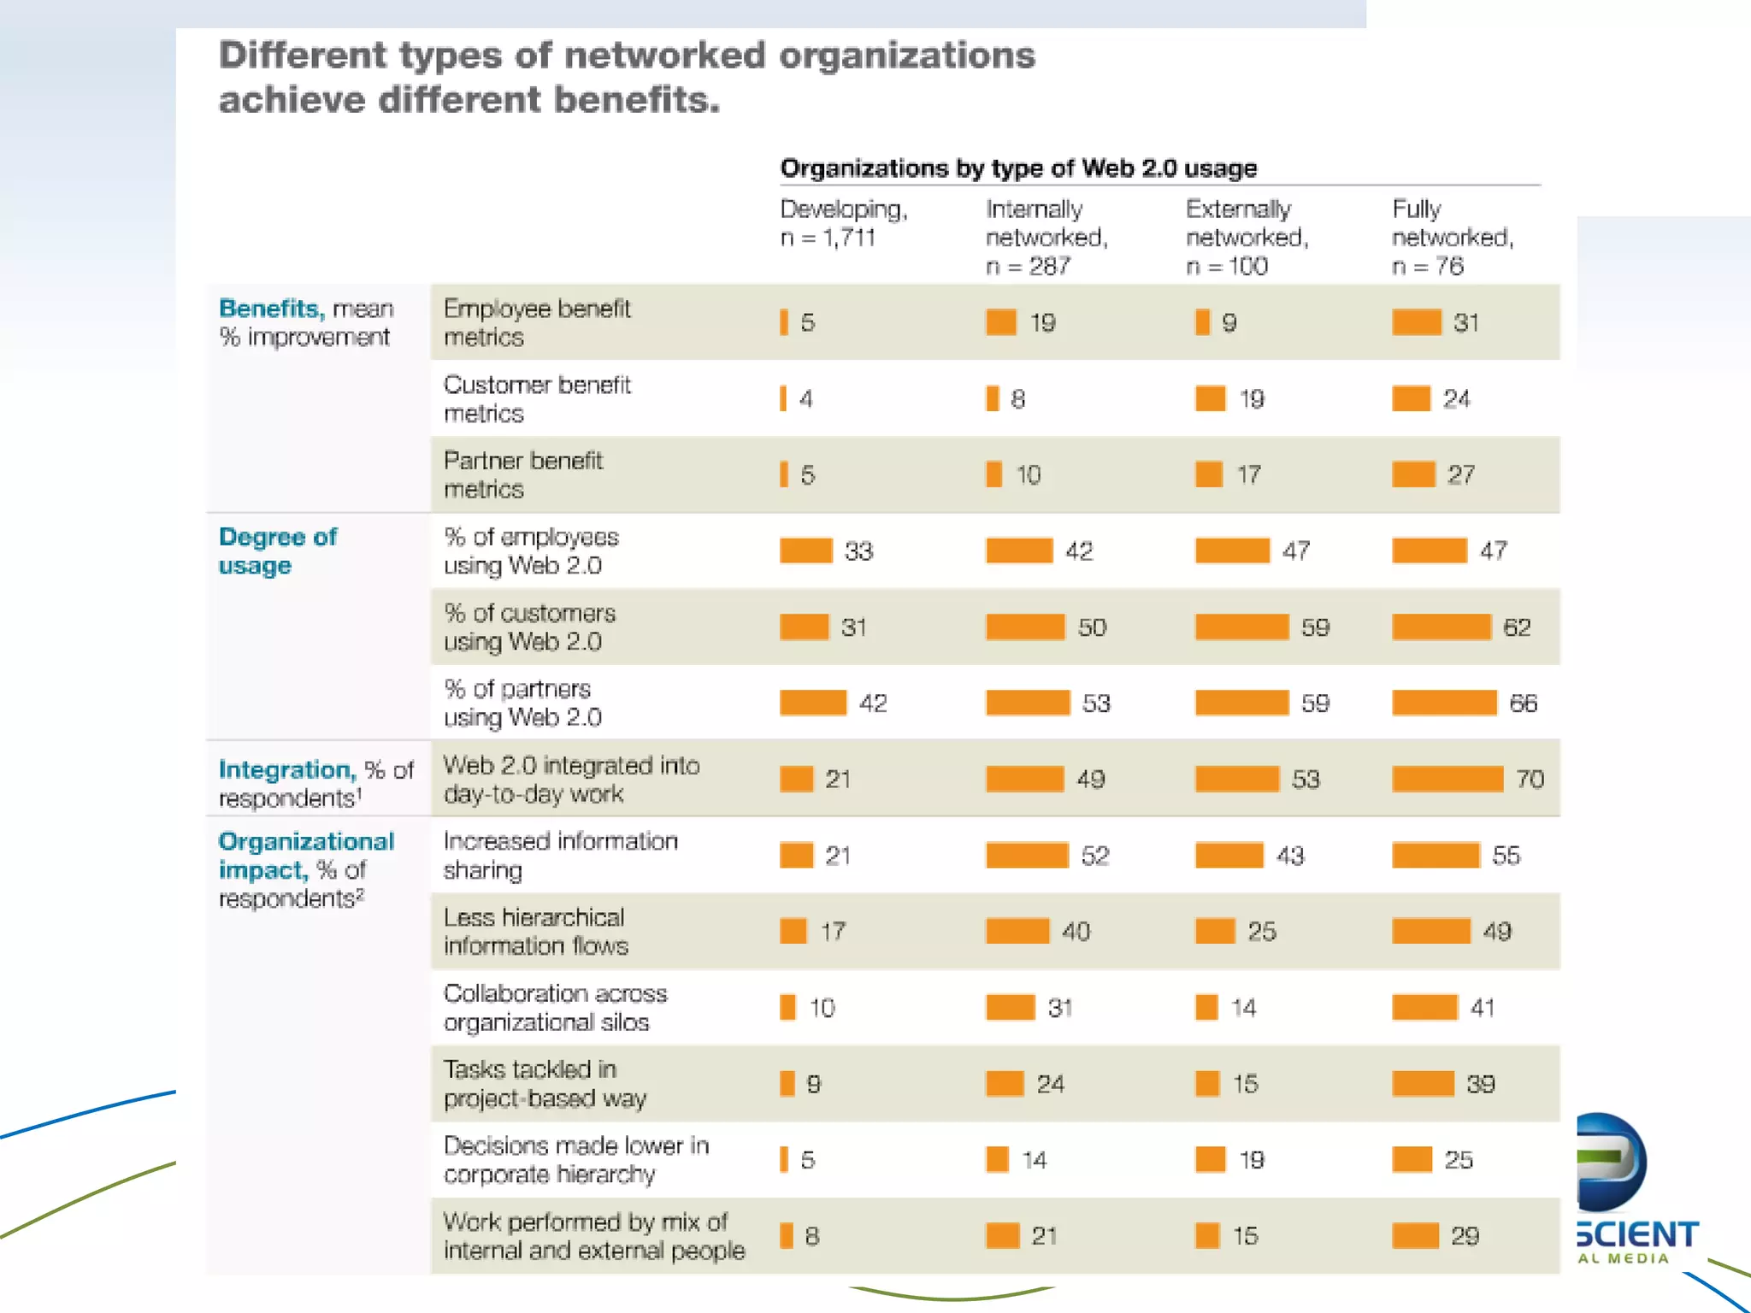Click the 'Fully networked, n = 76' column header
click(1452, 237)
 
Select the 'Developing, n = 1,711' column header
click(843, 222)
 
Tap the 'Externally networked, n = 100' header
click(1246, 237)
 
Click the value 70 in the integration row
click(1530, 779)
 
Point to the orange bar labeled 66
click(1444, 703)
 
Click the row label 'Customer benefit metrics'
click(537, 398)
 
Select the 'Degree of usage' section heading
click(278, 551)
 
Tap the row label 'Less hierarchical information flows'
click(535, 931)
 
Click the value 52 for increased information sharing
click(1094, 856)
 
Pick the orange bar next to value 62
click(1441, 627)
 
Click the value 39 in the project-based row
click(1480, 1084)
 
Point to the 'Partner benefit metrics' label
click(522, 474)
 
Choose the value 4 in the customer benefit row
click(805, 399)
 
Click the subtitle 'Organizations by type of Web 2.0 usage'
click(1018, 168)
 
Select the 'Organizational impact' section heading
click(305, 856)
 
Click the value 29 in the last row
click(1464, 1236)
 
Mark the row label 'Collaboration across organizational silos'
click(555, 1007)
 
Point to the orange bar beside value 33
click(805, 551)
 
